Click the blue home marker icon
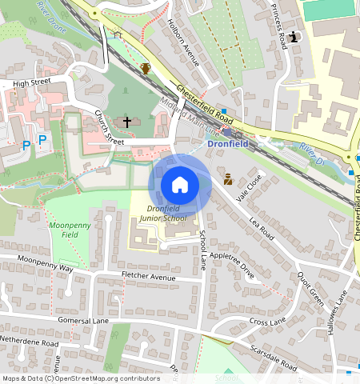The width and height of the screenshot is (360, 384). (180, 185)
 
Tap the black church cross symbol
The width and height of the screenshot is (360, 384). (126, 122)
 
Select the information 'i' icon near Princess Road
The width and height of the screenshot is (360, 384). (295, 36)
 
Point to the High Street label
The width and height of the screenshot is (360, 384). (31, 83)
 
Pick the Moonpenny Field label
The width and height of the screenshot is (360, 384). (70, 230)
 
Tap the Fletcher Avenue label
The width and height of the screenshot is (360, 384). (148, 277)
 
